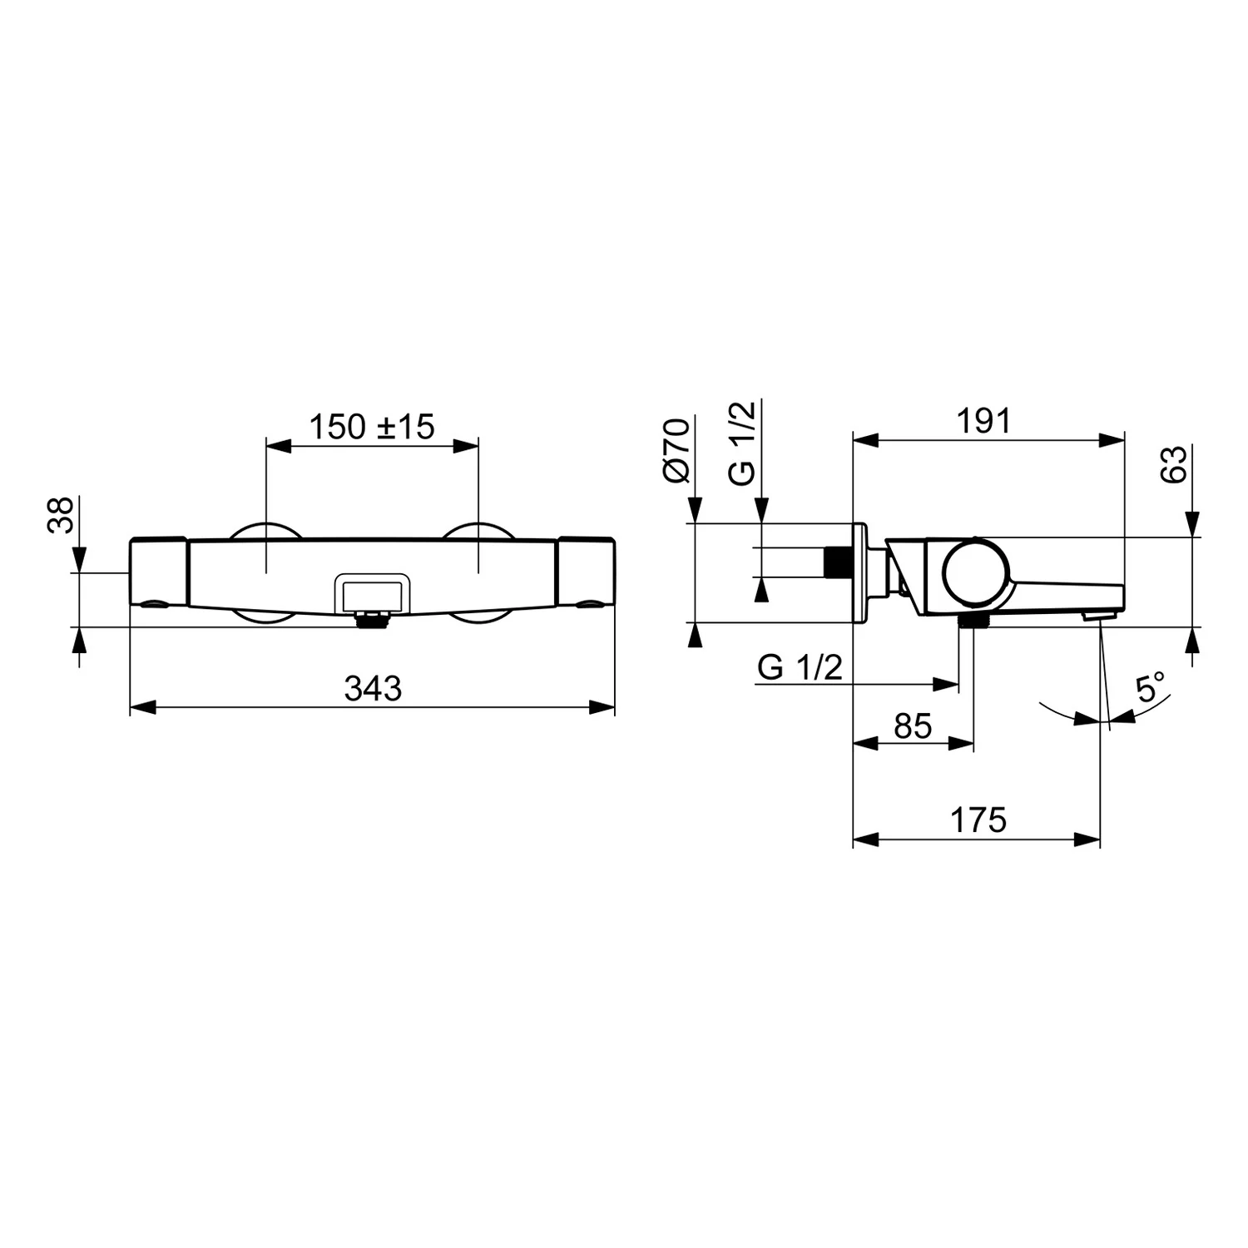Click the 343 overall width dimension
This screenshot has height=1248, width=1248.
pyautogui.click(x=373, y=689)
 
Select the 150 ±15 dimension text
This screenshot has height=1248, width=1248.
pyautogui.click(x=372, y=427)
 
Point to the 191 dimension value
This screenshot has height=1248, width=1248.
pyautogui.click(x=983, y=421)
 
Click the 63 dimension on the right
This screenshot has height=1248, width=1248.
pyautogui.click(x=1174, y=464)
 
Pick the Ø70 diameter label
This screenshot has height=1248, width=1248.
pyautogui.click(x=676, y=450)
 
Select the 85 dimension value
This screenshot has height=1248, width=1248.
pyautogui.click(x=913, y=726)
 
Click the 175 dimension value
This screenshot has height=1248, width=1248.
pyautogui.click(x=978, y=820)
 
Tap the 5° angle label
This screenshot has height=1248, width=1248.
pyautogui.click(x=1151, y=688)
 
